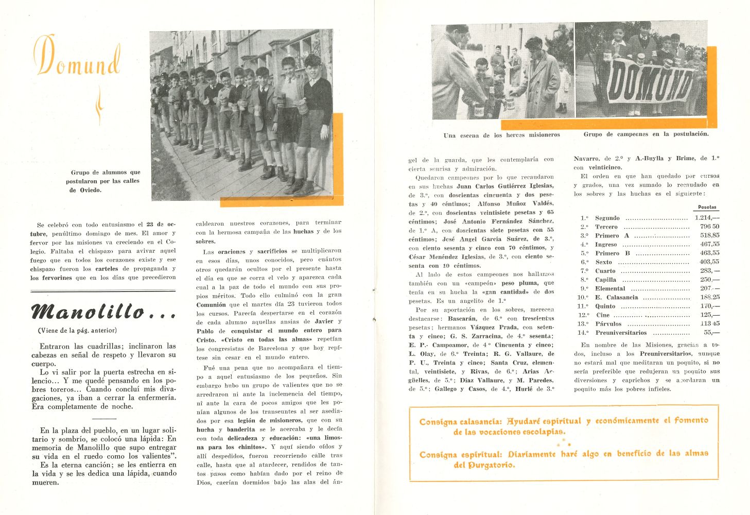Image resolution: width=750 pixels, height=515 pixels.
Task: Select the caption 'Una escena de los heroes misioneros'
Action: pos(501,135)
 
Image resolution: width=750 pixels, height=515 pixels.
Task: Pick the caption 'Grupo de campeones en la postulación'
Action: pos(646,134)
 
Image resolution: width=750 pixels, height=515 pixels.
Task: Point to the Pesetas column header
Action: pos(707,207)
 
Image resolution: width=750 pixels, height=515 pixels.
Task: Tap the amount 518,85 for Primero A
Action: pos(709,235)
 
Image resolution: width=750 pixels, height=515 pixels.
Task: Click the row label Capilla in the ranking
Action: pos(606,280)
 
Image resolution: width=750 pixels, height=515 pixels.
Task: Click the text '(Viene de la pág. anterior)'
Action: pos(77,331)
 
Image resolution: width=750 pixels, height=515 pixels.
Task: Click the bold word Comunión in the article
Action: pos(211,304)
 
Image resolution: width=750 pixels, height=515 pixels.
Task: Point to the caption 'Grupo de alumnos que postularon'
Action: pos(103,181)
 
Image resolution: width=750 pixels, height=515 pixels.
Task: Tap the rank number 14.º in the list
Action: pos(583,333)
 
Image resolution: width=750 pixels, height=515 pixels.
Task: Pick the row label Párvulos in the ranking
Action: pos(608,324)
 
